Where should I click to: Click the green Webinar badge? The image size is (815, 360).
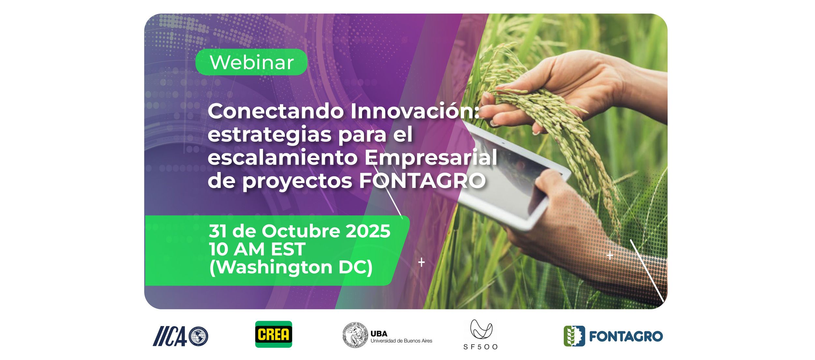(x=251, y=62)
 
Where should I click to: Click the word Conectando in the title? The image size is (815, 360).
(x=276, y=112)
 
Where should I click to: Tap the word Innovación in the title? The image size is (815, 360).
(x=415, y=111)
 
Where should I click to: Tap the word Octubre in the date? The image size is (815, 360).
(x=301, y=231)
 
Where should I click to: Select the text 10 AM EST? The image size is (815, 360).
(x=257, y=249)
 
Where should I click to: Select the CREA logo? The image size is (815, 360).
(x=273, y=334)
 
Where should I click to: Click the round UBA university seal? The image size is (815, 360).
(x=355, y=335)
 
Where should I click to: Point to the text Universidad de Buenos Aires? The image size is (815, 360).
(x=401, y=341)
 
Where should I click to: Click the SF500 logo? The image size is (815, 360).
(x=481, y=334)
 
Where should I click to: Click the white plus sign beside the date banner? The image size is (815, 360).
(x=421, y=262)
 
